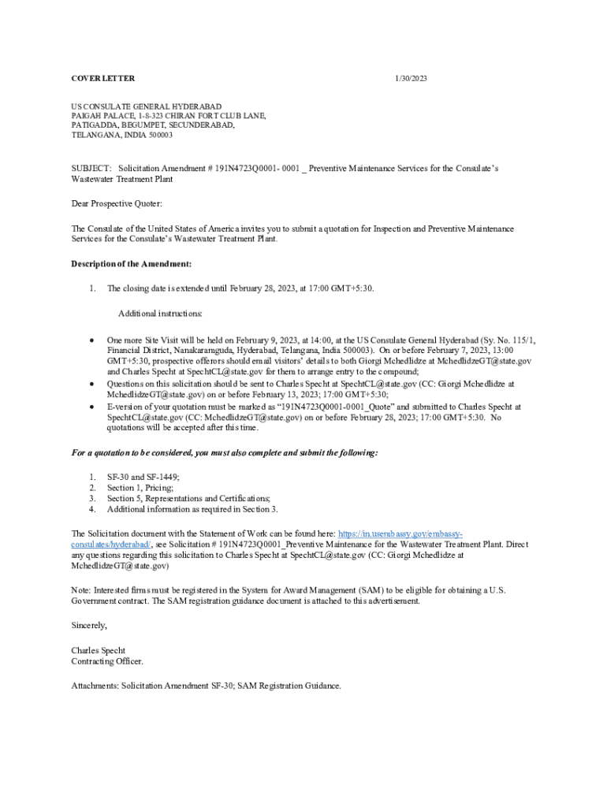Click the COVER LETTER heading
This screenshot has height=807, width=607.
coord(102,78)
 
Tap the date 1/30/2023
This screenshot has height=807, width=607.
coord(411,78)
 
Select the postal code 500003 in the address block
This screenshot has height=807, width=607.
coord(158,135)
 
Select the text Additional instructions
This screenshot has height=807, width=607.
coord(160,314)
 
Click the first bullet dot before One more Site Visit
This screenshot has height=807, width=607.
coord(91,340)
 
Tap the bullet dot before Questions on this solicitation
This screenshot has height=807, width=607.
coord(91,385)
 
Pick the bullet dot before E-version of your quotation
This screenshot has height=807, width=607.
coord(91,407)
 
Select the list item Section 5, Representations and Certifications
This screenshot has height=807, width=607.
coord(189,499)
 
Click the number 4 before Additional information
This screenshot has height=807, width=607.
coord(91,510)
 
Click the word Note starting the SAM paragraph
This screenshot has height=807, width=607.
coord(80,590)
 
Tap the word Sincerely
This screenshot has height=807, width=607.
coord(88,625)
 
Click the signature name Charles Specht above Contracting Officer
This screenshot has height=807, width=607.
coord(99,651)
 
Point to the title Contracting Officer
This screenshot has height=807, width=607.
coord(107,662)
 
